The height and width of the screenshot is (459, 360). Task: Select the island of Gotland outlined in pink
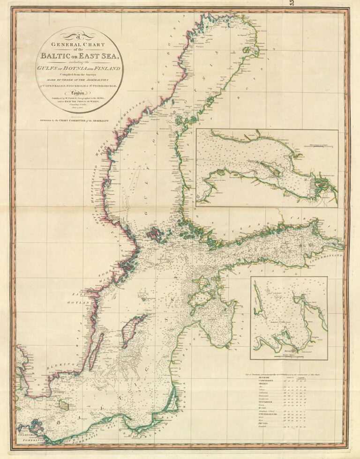coord(134,330)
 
